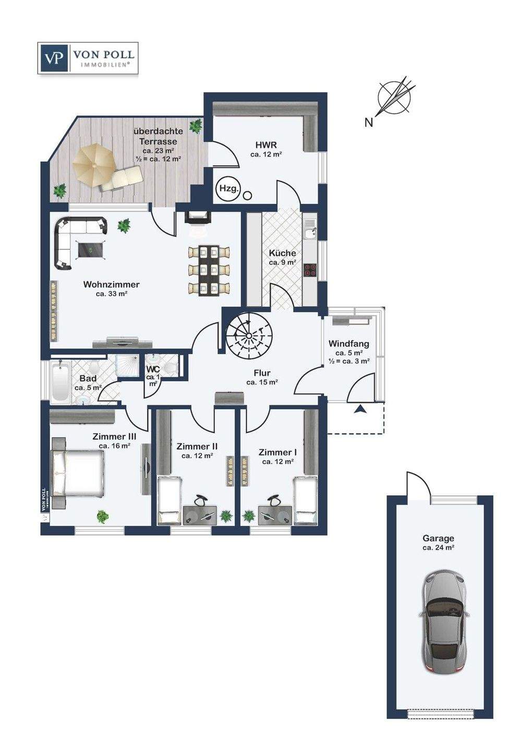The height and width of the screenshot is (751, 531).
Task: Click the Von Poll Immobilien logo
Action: (88, 58)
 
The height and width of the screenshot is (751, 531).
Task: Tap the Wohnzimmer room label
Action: (111, 285)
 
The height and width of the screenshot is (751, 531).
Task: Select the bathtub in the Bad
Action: (61, 382)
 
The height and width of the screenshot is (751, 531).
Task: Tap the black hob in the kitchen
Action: (310, 270)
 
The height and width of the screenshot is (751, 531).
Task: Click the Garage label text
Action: (438, 538)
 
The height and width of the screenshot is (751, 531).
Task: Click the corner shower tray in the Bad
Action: (127, 366)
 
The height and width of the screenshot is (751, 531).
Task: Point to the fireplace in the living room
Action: (198, 217)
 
